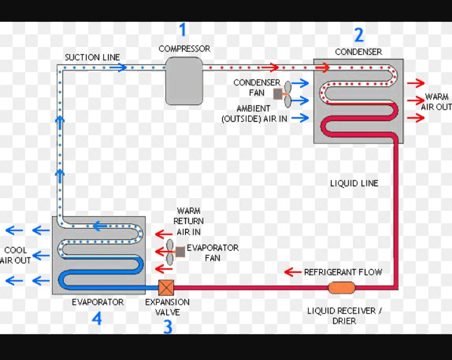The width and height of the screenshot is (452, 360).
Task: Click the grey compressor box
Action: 184,81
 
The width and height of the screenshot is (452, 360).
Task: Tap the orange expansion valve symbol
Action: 166,287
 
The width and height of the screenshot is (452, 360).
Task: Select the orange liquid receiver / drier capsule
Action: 342,287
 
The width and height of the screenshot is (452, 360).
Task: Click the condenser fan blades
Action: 287,93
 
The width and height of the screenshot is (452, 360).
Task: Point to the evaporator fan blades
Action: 170,252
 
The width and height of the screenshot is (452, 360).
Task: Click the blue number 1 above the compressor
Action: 183,29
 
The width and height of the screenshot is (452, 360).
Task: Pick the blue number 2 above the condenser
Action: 358,34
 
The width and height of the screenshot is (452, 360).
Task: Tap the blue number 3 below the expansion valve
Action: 168,326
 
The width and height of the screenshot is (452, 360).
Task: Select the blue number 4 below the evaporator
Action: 97,319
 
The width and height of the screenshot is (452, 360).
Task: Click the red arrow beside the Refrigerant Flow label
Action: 293,272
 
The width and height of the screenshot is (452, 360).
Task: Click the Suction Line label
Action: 92,57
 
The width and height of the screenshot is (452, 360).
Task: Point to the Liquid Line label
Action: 354,183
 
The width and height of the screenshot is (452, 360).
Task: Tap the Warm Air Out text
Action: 437,102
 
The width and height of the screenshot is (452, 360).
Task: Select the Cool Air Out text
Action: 16,255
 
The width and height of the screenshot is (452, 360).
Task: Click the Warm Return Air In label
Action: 188,221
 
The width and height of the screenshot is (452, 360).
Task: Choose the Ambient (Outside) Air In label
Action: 254,113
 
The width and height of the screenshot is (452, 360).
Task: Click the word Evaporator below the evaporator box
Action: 97,302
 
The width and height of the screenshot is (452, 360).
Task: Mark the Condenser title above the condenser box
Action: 358,51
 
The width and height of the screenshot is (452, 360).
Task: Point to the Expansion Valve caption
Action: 167,307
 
